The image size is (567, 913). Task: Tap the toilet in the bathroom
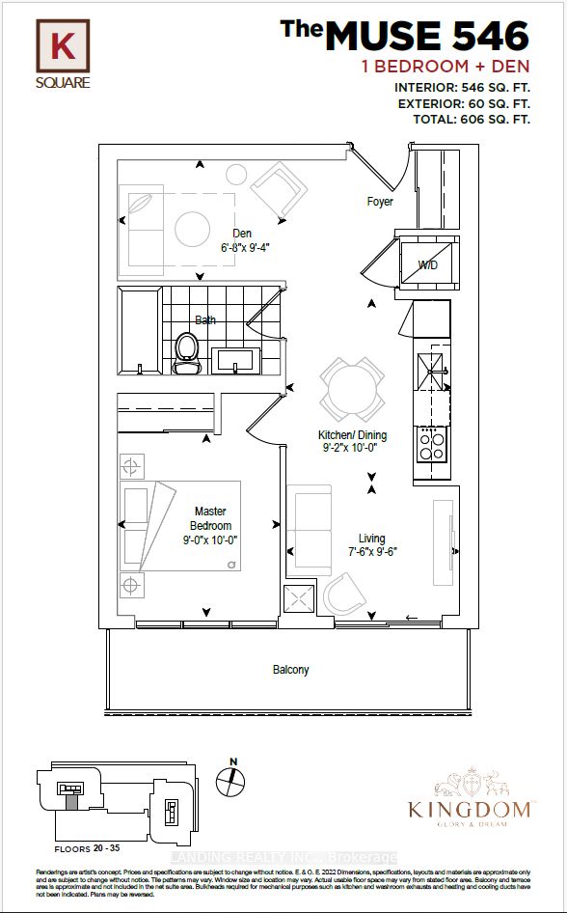point(186,353)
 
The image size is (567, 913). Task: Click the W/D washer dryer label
point(428,264)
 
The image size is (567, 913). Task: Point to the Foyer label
point(380,202)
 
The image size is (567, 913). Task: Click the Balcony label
point(289,669)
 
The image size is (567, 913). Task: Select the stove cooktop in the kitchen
point(431,444)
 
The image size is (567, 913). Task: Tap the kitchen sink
point(431,366)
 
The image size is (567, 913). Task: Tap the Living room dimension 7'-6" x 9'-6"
point(371,553)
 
